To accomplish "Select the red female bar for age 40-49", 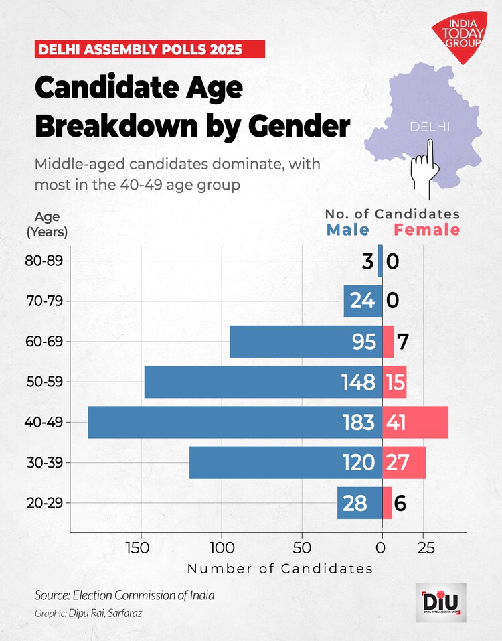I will pyautogui.click(x=415, y=422).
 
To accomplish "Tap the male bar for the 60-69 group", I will pyautogui.click(x=295, y=342).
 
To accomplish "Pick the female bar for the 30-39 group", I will pyautogui.click(x=404, y=463).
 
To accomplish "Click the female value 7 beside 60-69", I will pyautogui.click(x=402, y=342).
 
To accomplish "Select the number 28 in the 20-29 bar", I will pyautogui.click(x=355, y=503).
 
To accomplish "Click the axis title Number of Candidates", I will pyautogui.click(x=280, y=569).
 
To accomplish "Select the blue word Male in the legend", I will pyautogui.click(x=348, y=230).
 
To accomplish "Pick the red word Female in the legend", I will pyautogui.click(x=427, y=230).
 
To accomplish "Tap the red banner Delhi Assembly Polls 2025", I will pyautogui.click(x=150, y=49).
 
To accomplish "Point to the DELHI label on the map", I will pyautogui.click(x=430, y=127).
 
